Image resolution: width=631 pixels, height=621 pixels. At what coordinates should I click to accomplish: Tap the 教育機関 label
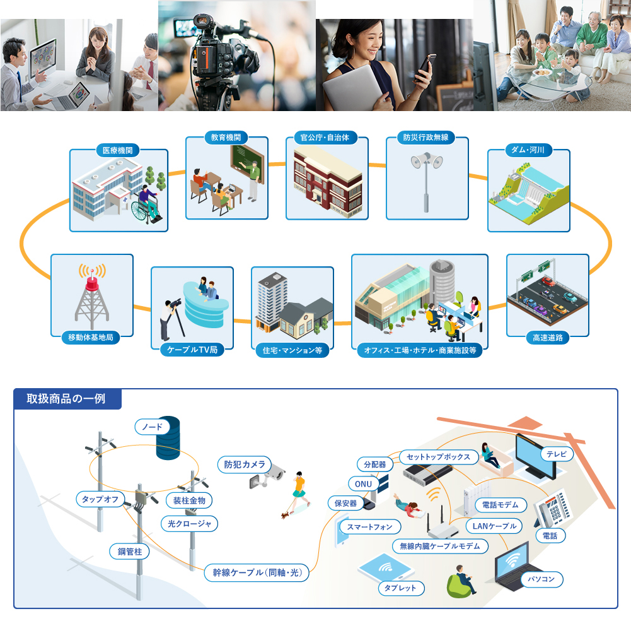pyautogui.click(x=226, y=137)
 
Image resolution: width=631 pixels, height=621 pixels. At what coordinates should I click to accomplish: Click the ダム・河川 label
pyautogui.click(x=528, y=150)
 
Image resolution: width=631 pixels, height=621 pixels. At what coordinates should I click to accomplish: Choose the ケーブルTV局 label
pyautogui.click(x=192, y=349)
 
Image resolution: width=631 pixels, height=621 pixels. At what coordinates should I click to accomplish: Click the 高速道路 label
pyautogui.click(x=547, y=337)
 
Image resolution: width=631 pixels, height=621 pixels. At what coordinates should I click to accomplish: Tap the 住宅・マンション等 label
pyautogui.click(x=292, y=349)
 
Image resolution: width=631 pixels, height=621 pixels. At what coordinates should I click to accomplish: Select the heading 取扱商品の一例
pyautogui.click(x=66, y=399)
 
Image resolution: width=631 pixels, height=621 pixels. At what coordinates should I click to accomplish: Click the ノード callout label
pyautogui.click(x=152, y=427)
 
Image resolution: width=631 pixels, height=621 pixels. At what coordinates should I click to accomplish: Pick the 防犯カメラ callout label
pyautogui.click(x=245, y=464)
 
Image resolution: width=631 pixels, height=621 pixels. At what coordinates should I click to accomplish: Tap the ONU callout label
pyautogui.click(x=363, y=483)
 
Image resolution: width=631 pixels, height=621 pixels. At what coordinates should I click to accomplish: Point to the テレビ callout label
pyautogui.click(x=557, y=454)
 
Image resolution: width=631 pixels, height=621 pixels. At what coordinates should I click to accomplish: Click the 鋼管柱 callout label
pyautogui.click(x=129, y=551)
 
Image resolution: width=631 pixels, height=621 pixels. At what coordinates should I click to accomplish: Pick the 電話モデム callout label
pyautogui.click(x=500, y=505)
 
